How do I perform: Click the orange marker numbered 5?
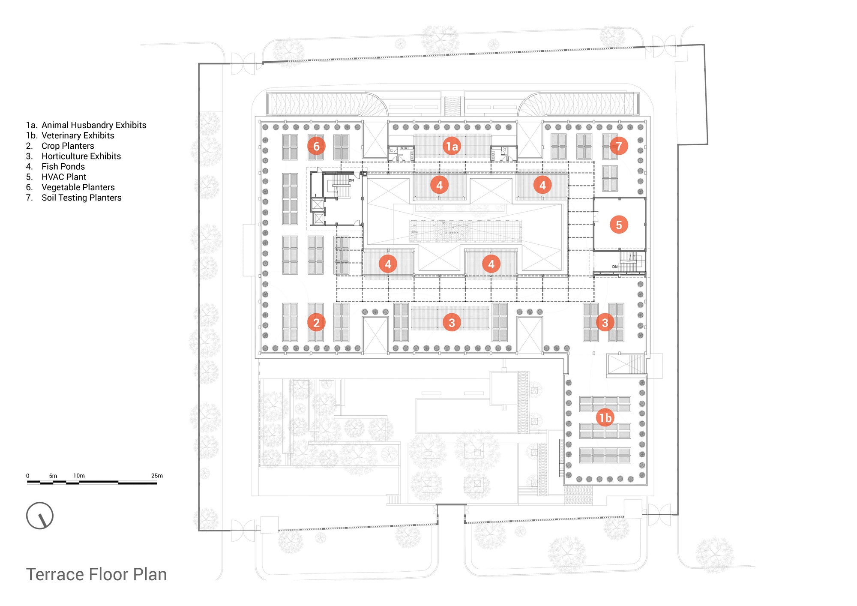click(619, 225)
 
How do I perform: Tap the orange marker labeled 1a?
click(452, 147)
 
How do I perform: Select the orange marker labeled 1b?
click(605, 417)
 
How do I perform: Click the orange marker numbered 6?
click(316, 147)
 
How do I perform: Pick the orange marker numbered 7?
click(619, 146)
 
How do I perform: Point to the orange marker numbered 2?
click(316, 322)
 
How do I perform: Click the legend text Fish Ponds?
click(63, 167)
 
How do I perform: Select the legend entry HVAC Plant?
click(64, 177)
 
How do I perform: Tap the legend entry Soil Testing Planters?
click(81, 198)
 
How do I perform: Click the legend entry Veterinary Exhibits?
click(78, 135)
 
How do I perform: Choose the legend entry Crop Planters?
click(68, 146)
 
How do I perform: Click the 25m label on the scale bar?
click(157, 476)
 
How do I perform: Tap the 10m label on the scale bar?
click(79, 476)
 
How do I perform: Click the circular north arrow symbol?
click(40, 516)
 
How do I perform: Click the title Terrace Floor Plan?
click(96, 575)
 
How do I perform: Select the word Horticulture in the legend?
click(65, 156)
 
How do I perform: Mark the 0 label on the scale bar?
click(28, 476)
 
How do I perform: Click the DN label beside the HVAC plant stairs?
click(614, 267)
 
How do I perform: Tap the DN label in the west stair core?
click(351, 180)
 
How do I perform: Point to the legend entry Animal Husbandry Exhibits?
click(94, 125)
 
